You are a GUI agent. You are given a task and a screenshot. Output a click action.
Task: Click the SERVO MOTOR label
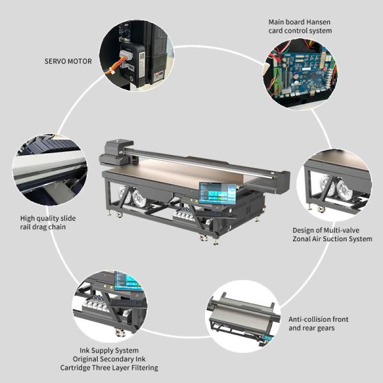coord(68,61)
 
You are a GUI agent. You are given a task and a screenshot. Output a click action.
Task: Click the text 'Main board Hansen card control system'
coord(299,26)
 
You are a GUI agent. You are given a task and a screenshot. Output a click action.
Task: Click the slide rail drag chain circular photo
coord(49,169)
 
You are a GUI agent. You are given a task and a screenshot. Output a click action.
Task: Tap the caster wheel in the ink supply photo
coord(119,333)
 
